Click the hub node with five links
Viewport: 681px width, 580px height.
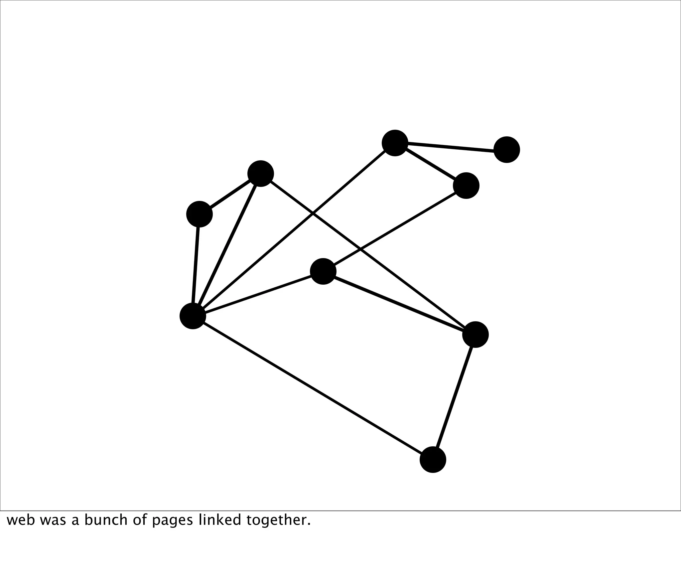193,316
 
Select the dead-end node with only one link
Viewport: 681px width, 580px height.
506,150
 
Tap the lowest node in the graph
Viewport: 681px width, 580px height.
433,460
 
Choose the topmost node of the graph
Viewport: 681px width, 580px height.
395,143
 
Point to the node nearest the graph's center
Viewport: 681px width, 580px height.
323,271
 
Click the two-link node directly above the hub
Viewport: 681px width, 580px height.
199,214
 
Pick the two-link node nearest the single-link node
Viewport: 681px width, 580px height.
466,186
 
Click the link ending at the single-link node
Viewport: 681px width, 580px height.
451,146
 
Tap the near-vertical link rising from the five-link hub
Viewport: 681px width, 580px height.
196,265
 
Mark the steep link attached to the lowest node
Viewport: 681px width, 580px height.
454,397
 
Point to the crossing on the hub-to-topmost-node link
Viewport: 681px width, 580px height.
312,214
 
